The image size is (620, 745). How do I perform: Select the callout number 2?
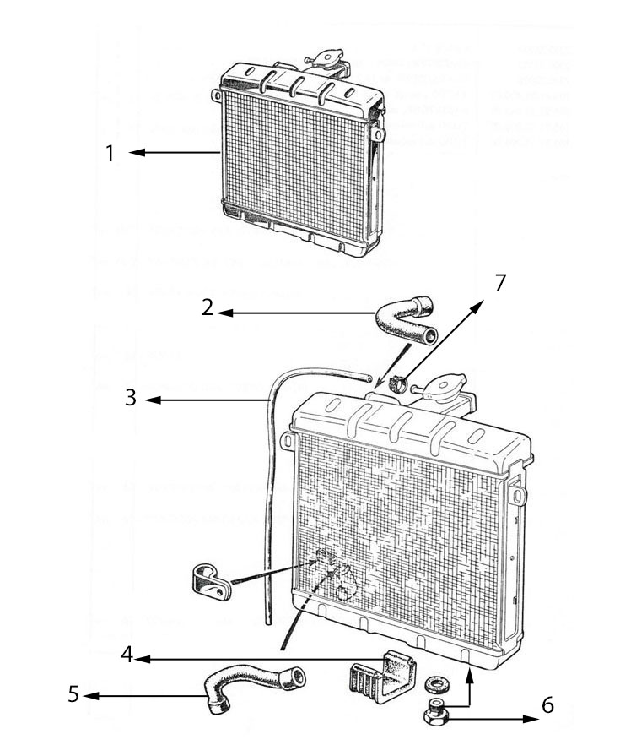(x=208, y=307)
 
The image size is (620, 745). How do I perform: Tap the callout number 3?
(x=131, y=397)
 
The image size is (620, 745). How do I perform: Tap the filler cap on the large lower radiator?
(x=445, y=390)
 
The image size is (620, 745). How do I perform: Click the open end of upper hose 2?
(x=432, y=337)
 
